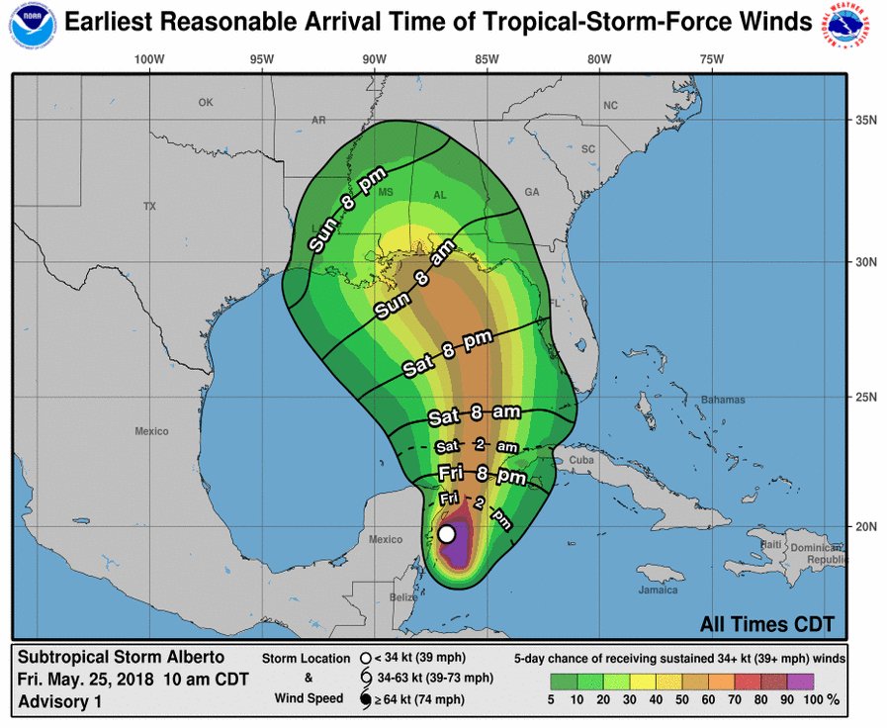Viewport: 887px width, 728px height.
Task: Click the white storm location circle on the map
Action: (x=447, y=534)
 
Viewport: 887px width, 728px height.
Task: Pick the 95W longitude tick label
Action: (x=261, y=59)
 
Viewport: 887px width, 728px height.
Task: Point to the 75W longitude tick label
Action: (x=711, y=59)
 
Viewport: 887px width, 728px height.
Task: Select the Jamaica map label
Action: (x=658, y=591)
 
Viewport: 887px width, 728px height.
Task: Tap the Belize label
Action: (x=401, y=597)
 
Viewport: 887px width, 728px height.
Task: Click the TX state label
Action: (x=149, y=207)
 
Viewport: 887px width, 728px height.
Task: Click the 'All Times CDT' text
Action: (x=766, y=624)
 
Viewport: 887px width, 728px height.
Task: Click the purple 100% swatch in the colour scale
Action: (x=802, y=680)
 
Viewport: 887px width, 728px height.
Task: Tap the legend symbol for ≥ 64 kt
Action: (x=365, y=699)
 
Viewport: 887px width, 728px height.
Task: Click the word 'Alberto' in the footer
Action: (x=192, y=658)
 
